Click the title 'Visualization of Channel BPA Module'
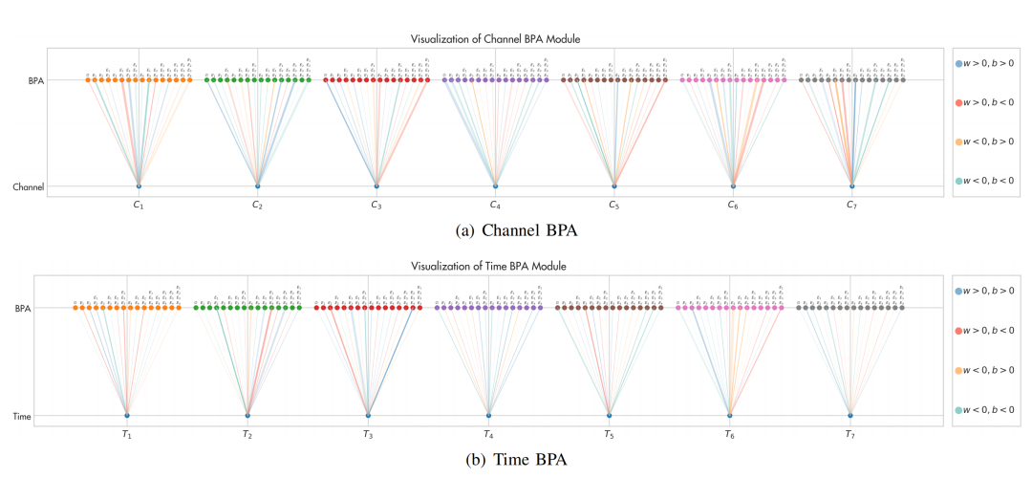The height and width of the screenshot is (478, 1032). [494, 38]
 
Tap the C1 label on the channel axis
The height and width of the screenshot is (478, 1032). [139, 205]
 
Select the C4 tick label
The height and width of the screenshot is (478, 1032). [495, 205]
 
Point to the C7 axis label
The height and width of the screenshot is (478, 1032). [852, 205]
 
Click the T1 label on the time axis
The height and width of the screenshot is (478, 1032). [127, 434]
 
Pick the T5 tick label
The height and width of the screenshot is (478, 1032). [609, 434]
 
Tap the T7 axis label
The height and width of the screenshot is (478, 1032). [849, 434]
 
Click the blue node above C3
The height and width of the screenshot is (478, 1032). [376, 185]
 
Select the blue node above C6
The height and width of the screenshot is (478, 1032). [733, 185]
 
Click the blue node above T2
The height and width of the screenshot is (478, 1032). [247, 415]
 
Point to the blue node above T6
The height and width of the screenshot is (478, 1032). [729, 415]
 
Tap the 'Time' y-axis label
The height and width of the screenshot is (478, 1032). [22, 415]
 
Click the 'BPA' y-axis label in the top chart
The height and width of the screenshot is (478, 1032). [38, 80]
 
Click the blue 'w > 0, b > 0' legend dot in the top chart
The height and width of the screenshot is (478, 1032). [958, 63]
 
